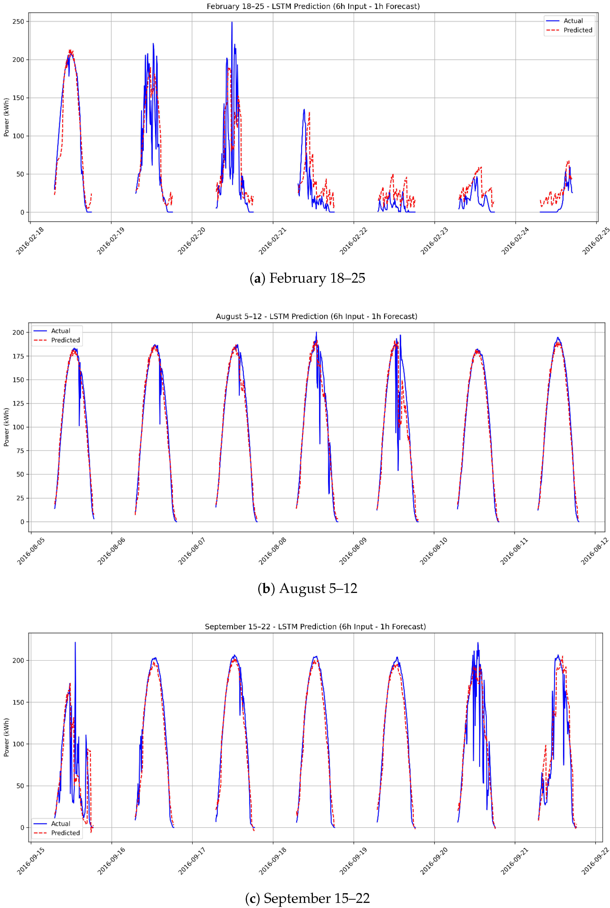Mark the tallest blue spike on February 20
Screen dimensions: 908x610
coord(232,23)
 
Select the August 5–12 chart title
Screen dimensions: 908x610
coord(316,316)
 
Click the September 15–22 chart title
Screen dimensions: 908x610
coord(315,627)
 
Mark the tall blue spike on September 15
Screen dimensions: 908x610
coord(75,644)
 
